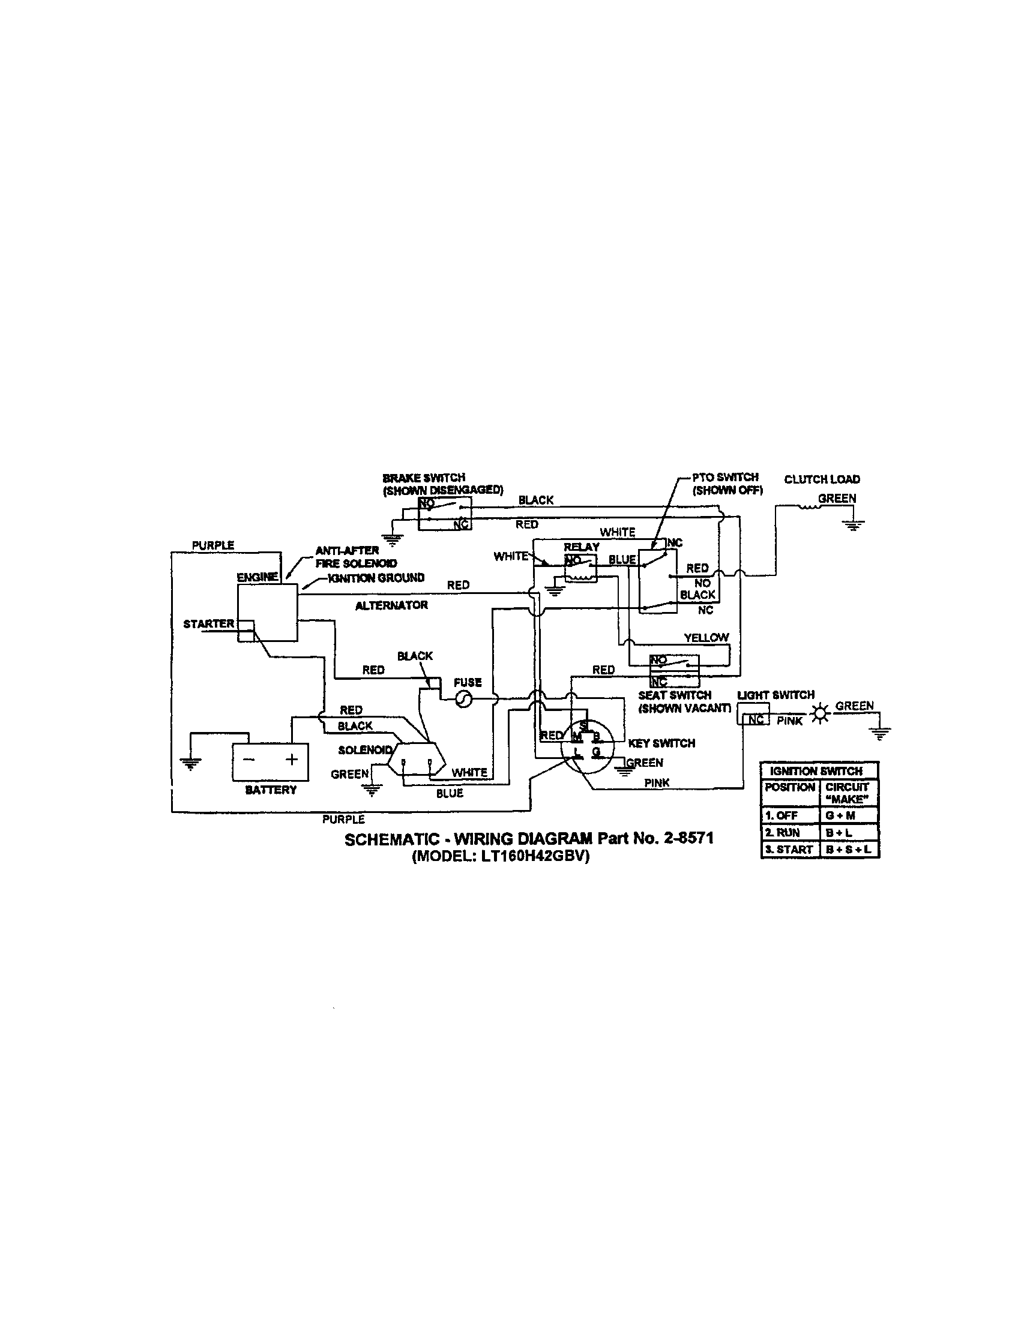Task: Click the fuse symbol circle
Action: point(463,699)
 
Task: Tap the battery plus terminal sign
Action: point(291,759)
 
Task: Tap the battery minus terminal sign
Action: point(248,760)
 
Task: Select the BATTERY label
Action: point(271,790)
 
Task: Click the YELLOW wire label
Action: point(706,637)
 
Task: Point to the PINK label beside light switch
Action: point(789,721)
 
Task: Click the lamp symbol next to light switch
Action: point(820,715)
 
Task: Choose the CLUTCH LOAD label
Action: point(822,479)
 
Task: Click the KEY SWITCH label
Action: point(661,743)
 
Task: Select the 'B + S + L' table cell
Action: point(848,849)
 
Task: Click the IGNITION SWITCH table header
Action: point(816,770)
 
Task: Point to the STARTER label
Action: point(208,623)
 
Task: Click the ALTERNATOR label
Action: point(392,605)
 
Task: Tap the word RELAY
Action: point(582,547)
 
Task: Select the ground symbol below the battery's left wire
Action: point(191,764)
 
